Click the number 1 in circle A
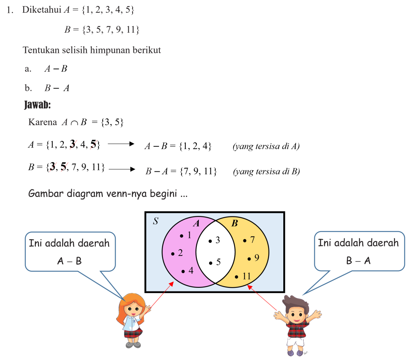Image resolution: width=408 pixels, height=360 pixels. (x=189, y=235)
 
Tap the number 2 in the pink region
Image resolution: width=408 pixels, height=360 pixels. (x=180, y=253)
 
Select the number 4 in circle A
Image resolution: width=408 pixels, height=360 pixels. (x=191, y=270)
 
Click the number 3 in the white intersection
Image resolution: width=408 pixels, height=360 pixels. (x=218, y=240)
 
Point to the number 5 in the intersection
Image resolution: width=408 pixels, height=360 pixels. (x=218, y=262)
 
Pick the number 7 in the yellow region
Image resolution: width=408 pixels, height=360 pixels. (x=252, y=240)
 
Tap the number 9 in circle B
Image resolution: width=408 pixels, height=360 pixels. (x=257, y=258)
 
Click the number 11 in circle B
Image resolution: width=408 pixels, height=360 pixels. (x=246, y=276)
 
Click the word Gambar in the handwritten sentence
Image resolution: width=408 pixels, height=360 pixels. (x=44, y=195)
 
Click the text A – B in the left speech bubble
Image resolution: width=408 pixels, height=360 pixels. (x=70, y=261)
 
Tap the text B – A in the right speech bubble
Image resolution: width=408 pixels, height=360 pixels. (x=358, y=261)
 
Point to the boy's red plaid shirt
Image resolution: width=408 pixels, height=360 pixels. (x=295, y=329)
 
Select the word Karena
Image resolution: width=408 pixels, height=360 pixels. (x=43, y=122)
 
